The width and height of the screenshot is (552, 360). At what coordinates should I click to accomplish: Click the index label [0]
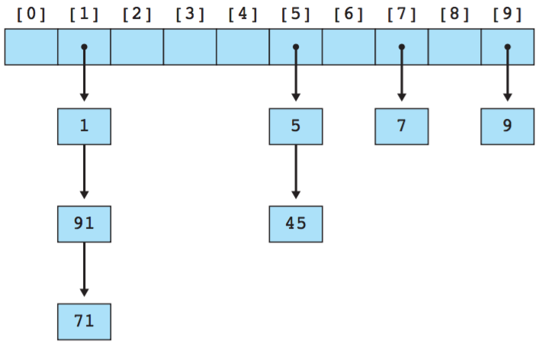click(x=31, y=14)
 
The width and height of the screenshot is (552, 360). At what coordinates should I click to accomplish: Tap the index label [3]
click(x=190, y=14)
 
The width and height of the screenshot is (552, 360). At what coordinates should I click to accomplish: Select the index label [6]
click(x=348, y=14)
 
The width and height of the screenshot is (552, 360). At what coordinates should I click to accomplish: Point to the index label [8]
click(x=454, y=14)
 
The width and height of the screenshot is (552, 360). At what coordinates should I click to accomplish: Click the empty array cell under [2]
click(x=137, y=47)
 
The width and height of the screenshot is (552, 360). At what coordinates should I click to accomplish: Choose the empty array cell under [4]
click(x=242, y=47)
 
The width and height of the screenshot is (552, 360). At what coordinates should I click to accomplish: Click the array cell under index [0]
click(x=31, y=47)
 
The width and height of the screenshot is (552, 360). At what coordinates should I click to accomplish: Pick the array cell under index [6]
click(x=348, y=47)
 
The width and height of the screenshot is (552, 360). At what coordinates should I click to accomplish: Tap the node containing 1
click(x=84, y=127)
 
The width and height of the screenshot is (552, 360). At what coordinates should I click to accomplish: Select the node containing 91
click(x=84, y=224)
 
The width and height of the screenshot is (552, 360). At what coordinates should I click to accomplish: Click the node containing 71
click(x=84, y=321)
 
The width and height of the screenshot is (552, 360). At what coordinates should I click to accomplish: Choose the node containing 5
click(x=296, y=127)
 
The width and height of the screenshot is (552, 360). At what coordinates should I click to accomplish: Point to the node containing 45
click(x=296, y=224)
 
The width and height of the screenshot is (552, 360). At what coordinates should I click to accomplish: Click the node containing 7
click(x=401, y=127)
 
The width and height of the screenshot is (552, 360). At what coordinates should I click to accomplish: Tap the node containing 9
click(x=507, y=127)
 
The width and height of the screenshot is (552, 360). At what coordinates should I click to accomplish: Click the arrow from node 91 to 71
click(x=84, y=272)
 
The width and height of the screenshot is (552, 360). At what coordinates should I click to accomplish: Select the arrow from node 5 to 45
click(x=296, y=175)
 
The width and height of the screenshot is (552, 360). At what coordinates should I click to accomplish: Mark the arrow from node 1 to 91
click(x=84, y=175)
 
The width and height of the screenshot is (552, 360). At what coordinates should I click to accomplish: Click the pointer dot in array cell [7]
click(x=401, y=47)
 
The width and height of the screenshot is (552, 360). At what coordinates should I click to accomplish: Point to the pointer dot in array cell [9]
click(x=507, y=47)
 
